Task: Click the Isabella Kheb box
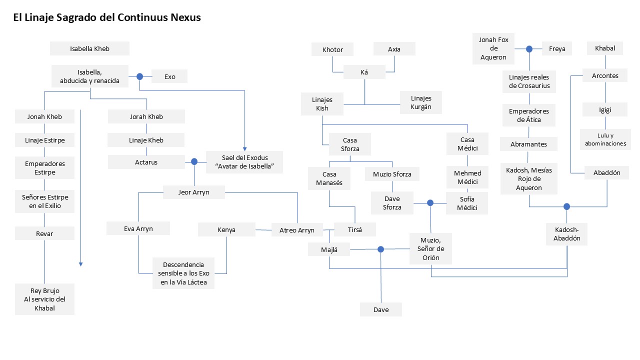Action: (x=89, y=48)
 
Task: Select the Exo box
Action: (x=169, y=76)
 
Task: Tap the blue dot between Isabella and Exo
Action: (x=139, y=76)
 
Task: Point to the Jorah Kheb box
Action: (x=146, y=116)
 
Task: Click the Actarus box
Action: (x=146, y=162)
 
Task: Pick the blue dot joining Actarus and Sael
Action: (x=194, y=161)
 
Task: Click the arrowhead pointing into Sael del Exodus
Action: (x=245, y=149)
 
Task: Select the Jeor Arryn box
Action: (x=194, y=192)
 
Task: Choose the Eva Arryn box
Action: (x=138, y=228)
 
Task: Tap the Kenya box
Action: (x=226, y=229)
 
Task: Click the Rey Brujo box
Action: (x=44, y=299)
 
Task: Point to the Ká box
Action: (x=364, y=72)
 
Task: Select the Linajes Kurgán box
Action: (x=421, y=102)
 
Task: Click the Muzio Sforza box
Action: (x=392, y=174)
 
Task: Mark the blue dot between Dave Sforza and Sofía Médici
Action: (x=430, y=203)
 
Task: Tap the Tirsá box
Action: (x=355, y=229)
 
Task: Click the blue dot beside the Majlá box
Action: (x=380, y=249)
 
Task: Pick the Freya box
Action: (x=557, y=48)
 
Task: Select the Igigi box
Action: (x=605, y=109)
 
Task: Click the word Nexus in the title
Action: (x=185, y=17)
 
